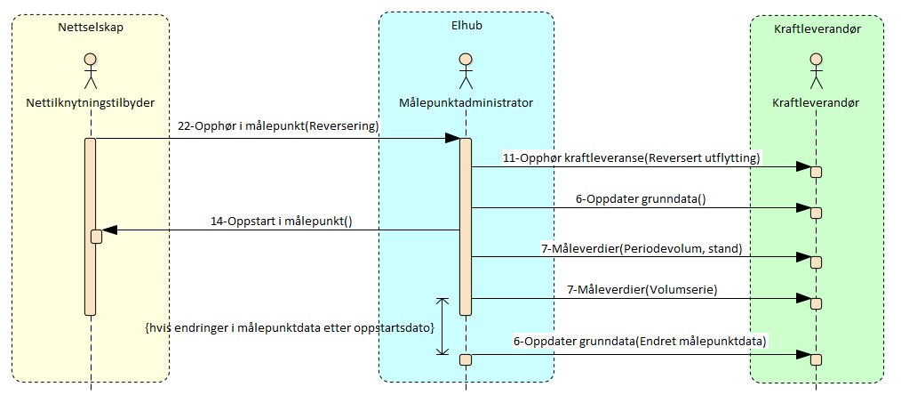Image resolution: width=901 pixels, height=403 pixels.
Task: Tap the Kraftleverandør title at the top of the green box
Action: pos(816,28)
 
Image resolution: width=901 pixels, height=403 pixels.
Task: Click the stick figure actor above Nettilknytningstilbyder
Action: pos(90,71)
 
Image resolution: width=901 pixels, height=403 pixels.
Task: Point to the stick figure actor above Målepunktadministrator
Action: pos(465,71)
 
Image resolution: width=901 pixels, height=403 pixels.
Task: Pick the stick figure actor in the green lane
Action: pos(816,71)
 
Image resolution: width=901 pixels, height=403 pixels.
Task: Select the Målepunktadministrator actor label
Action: pos(466,103)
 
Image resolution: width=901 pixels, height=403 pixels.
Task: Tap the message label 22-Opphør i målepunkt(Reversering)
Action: pos(278,126)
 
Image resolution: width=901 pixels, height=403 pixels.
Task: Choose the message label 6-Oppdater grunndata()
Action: pos(640,198)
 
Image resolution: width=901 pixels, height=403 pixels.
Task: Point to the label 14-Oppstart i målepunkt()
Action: pos(281,221)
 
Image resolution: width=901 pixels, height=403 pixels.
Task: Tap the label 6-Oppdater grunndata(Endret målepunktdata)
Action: pos(639,341)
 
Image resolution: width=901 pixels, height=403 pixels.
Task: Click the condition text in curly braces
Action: pos(289,328)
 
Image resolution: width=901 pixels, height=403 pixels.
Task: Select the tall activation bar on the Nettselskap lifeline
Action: pos(90,226)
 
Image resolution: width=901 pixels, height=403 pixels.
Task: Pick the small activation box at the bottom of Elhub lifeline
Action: pos(465,359)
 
